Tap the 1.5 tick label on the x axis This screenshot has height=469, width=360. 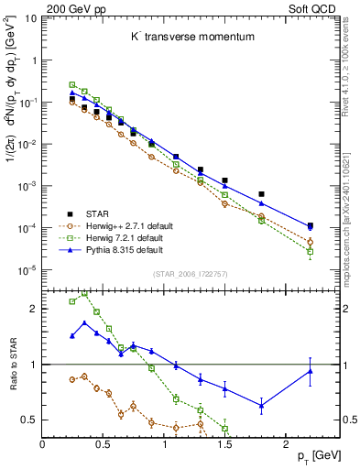[x=225, y=443]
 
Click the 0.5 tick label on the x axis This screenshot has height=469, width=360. [x=104, y=443]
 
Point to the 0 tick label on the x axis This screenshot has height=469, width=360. [x=42, y=443]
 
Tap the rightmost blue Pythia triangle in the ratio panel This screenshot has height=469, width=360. [x=310, y=370]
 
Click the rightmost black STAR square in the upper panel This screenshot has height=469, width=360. [x=310, y=225]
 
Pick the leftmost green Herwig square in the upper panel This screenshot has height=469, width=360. [x=72, y=84]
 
